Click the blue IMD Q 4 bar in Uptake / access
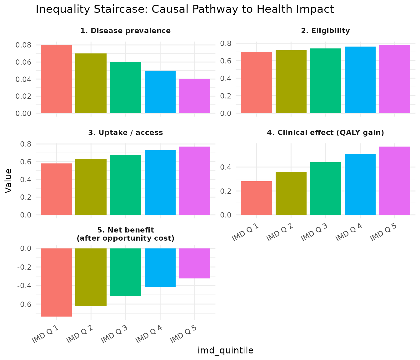pyautogui.click(x=160, y=182)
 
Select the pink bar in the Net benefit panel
pyautogui.click(x=195, y=263)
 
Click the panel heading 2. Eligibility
pyautogui.click(x=325, y=31)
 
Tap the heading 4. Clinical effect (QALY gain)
pyautogui.click(x=325, y=132)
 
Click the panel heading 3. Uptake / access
pyautogui.click(x=126, y=132)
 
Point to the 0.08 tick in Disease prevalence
pyautogui.click(x=23, y=45)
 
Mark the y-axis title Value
pyautogui.click(x=9, y=181)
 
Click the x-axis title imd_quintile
pyautogui.click(x=225, y=351)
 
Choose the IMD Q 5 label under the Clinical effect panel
pyautogui.click(x=383, y=233)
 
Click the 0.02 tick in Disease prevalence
pyautogui.click(x=23, y=96)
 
